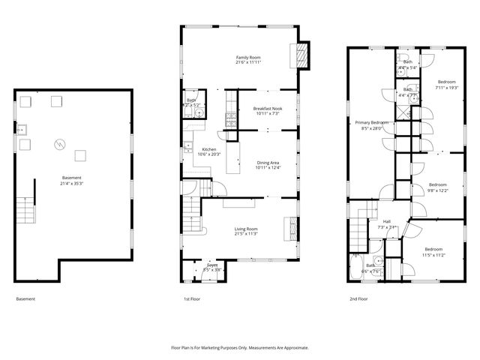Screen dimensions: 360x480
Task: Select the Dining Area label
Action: tap(268, 163)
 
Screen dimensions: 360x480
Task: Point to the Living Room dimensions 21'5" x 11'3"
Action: tap(246, 233)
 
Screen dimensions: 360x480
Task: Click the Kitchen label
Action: tap(208, 149)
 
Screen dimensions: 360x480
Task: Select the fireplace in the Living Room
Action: tap(288, 226)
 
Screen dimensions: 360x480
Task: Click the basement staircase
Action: tap(25, 204)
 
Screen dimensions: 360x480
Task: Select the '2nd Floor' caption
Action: tap(358, 298)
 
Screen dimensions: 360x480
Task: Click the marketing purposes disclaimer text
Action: tap(240, 347)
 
